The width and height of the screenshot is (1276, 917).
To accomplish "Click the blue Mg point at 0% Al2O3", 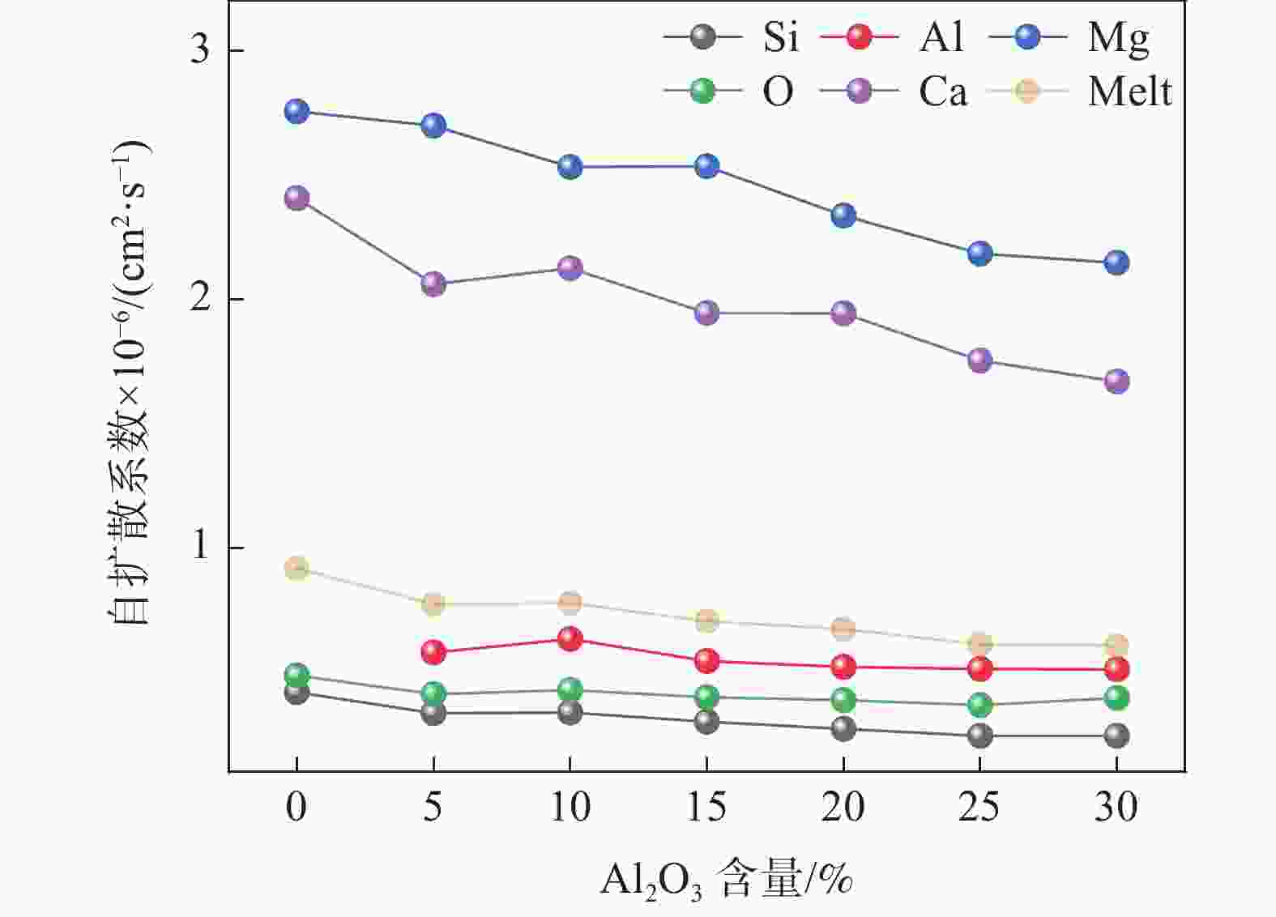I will click(x=297, y=111).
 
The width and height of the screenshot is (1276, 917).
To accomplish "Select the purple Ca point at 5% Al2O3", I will click(x=433, y=284).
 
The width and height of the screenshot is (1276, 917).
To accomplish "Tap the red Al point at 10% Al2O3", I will click(x=570, y=638).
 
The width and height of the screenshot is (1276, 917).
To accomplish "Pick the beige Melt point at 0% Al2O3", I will click(x=297, y=568).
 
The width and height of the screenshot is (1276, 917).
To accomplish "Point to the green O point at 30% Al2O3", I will click(x=1117, y=697).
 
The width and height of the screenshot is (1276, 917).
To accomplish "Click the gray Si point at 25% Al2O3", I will click(x=980, y=736).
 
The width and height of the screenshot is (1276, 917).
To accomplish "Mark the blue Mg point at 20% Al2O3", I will click(x=843, y=215).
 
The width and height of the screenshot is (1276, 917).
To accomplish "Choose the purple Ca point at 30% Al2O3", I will click(x=1117, y=382).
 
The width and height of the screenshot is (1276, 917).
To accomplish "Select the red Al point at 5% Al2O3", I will click(x=433, y=651).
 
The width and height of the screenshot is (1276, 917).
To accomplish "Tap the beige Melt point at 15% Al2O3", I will click(x=707, y=621).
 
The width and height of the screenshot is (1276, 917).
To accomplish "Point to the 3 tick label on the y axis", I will click(x=199, y=50).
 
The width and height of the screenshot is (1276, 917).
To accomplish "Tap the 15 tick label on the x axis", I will click(x=707, y=807).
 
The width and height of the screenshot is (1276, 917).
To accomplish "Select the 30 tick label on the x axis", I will click(x=1117, y=807).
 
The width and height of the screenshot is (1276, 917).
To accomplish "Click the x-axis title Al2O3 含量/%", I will click(x=726, y=879).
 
